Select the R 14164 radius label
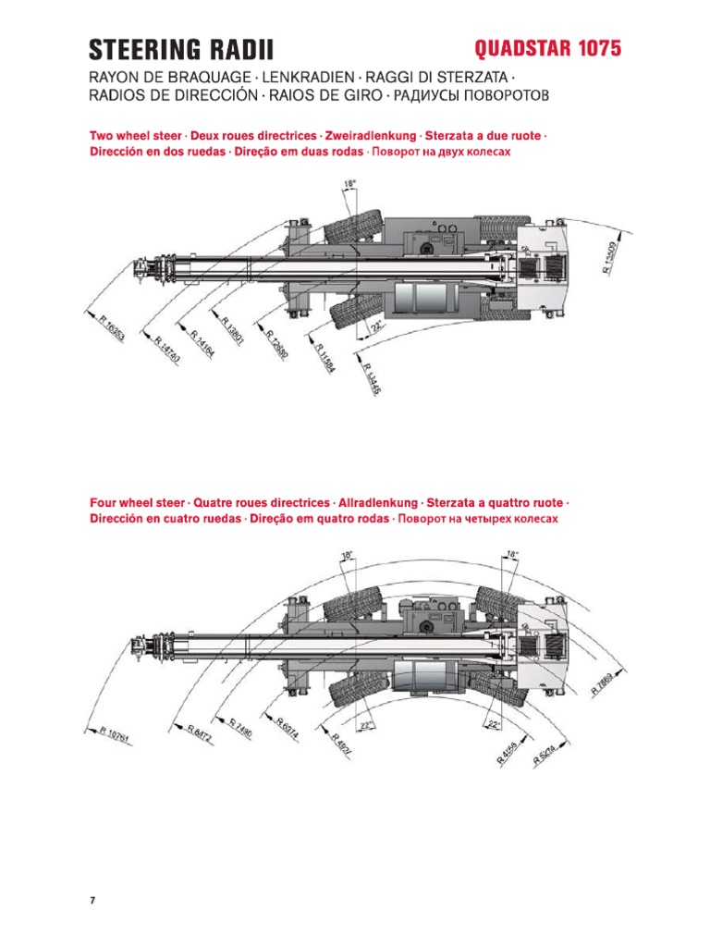coord(197,344)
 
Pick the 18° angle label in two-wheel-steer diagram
coord(349,185)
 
